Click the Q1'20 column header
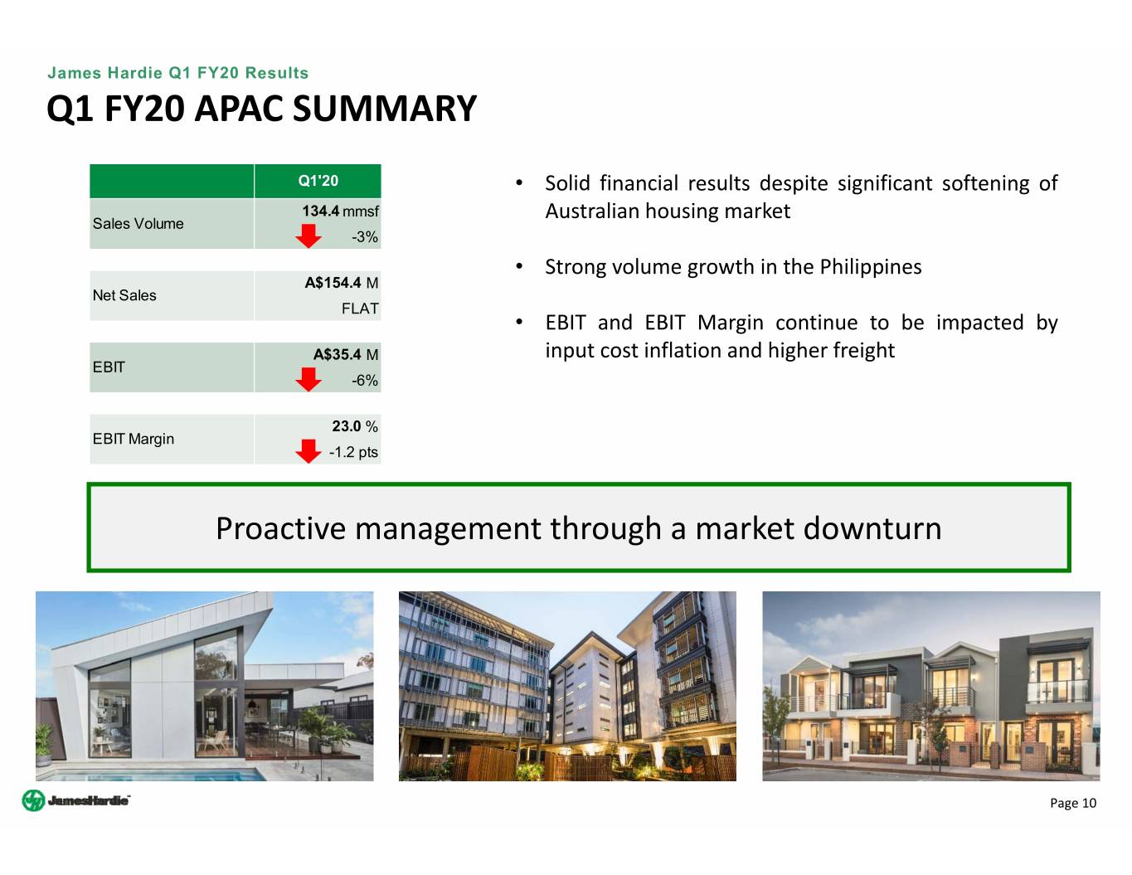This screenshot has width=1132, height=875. point(318,181)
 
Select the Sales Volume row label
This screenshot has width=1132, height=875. point(138,223)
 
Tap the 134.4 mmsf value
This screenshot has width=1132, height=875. point(340,211)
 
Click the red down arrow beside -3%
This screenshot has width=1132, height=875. point(309,236)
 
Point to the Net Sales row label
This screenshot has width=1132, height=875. point(124,295)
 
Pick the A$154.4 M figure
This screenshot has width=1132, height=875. point(342,283)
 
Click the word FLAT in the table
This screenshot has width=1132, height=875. point(360,309)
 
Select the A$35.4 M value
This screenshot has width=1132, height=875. point(346,355)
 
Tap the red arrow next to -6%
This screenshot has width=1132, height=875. point(309,379)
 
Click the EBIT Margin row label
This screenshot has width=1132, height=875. point(134,439)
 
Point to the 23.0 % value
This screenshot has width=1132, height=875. point(355,426)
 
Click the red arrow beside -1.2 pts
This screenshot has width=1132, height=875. point(309,451)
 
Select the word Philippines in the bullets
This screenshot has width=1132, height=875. point(871,267)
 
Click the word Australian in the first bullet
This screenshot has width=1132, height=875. point(592,211)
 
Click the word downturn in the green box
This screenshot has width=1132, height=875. point(872,528)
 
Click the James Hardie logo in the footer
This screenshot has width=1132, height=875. point(76,800)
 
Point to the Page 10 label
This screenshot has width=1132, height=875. point(1073,803)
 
